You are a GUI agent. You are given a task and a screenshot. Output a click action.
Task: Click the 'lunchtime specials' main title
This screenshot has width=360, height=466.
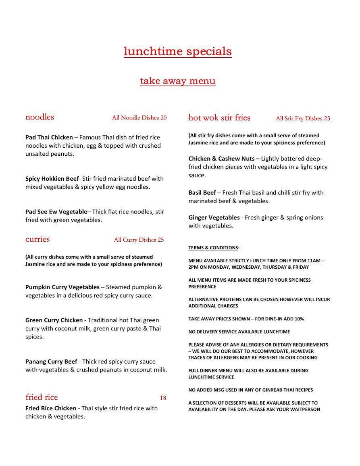coord(177,52)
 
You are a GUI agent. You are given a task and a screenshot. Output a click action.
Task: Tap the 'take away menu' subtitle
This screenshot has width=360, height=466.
coord(177,81)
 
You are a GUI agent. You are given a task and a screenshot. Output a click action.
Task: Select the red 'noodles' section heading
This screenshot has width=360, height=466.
coord(40,117)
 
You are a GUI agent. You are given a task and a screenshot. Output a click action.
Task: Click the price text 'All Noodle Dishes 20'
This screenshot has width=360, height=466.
coord(139,118)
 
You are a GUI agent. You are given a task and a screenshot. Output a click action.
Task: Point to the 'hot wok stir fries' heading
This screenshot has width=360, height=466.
coord(219,118)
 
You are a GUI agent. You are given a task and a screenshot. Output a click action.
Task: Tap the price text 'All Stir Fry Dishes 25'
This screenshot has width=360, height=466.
coord(303,118)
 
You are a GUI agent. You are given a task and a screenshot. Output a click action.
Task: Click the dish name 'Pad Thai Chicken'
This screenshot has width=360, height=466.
coord(49,137)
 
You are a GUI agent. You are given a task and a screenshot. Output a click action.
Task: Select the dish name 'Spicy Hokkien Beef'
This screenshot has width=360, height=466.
coord(52,178)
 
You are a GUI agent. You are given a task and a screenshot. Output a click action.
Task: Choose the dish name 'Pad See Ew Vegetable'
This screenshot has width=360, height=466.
coord(56,211)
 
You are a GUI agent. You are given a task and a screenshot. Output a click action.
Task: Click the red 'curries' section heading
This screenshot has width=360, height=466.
coord(37,239)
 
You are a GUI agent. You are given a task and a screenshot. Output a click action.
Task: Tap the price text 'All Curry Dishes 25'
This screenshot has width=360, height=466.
coord(139,240)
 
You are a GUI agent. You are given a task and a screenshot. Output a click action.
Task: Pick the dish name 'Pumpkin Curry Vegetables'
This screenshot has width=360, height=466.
coord(62,287)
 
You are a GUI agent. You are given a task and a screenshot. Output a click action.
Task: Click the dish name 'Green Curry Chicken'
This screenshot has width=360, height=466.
coord(54,320)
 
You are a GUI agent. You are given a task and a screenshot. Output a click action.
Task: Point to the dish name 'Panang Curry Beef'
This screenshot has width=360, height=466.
coord(51,362)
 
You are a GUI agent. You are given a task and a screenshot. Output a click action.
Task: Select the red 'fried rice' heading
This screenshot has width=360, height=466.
coord(42,397)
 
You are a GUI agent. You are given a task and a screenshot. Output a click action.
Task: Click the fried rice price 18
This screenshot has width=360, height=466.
coord(163,398)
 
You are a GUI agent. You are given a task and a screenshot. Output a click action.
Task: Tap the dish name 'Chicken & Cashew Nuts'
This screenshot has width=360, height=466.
coord(221,159)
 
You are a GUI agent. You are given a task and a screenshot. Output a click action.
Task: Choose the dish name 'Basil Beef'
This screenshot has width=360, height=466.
coord(202,192)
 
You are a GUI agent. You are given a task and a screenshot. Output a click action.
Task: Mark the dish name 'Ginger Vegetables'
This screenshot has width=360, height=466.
coord(214,217)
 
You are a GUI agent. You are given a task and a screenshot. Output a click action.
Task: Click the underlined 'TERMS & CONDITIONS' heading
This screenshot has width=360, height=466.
coord(214,248)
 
